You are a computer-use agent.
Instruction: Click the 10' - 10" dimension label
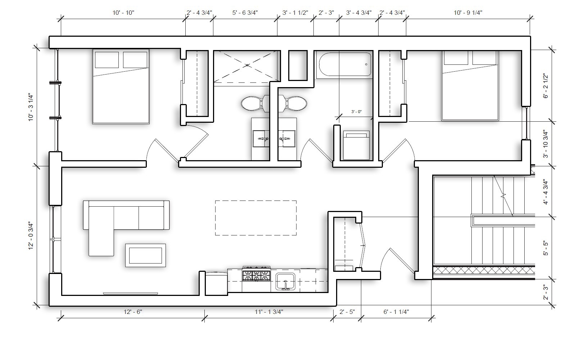coord(123,13)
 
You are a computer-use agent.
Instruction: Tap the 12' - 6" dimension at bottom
coord(133,312)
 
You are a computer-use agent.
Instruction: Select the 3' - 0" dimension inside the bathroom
coord(356,112)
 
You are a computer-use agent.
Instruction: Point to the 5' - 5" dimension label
coord(546,248)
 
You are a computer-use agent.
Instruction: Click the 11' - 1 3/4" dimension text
coord(269,312)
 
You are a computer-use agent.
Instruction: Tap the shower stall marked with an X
coord(247,66)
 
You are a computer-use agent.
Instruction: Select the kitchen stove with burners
coord(257,276)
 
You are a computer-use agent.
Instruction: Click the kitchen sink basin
coord(285,281)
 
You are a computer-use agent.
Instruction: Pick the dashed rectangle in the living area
coord(256,218)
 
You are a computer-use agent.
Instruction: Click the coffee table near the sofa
coord(145,255)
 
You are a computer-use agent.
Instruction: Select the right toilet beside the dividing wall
coord(296,103)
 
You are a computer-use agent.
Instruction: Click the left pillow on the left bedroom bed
coord(107,60)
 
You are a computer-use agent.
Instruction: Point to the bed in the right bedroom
coord(470,85)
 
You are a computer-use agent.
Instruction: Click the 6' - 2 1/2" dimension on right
coord(546,86)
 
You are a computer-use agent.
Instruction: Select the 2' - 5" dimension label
coord(347,312)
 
